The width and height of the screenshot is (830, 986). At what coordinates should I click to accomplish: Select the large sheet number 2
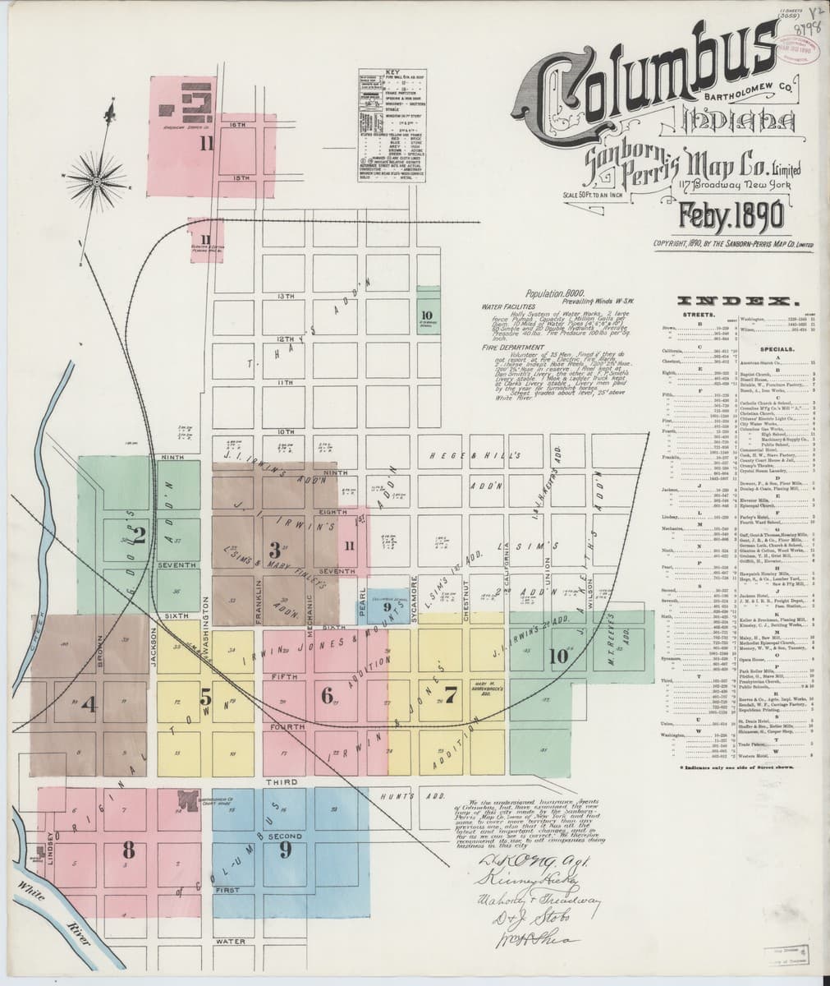138,536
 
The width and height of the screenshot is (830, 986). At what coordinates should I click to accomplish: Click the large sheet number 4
89,704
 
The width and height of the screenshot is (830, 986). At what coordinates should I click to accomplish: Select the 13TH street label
286,296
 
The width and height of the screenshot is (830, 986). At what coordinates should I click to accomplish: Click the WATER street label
231,940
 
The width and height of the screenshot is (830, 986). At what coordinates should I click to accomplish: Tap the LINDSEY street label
52,846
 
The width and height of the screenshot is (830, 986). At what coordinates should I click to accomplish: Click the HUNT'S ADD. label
401,797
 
